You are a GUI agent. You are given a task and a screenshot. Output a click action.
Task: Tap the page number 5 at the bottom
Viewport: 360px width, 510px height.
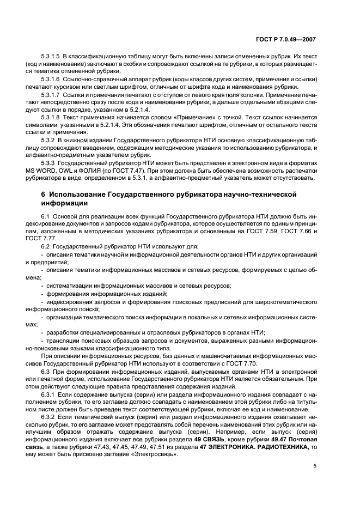click(x=315, y=466)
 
